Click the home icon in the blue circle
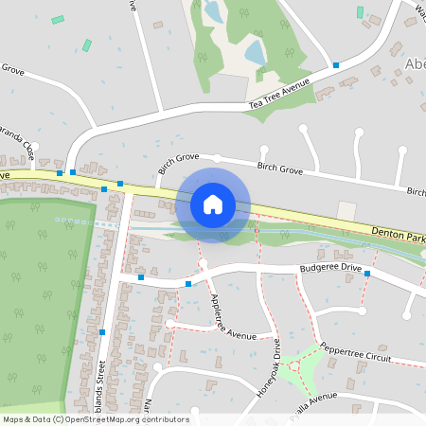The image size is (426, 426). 213,204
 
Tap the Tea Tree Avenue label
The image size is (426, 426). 279,93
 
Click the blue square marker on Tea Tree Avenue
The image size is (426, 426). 336,65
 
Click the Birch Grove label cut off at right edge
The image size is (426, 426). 416,192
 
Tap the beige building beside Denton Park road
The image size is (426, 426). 347,211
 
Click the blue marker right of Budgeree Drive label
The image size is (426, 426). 367,273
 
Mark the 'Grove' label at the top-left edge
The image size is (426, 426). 12,69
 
